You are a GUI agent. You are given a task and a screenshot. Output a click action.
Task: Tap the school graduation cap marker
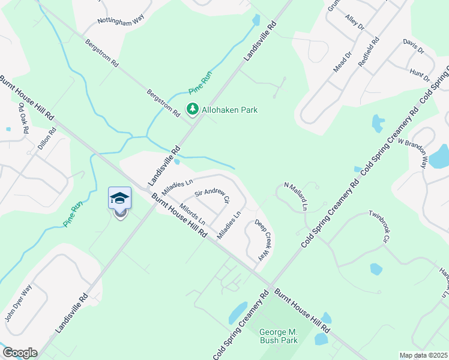pyautogui.click(x=119, y=198)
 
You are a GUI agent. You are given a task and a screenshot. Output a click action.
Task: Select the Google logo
pyautogui.click(x=19, y=353)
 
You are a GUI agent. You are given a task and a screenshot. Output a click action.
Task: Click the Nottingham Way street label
pyautogui.click(x=122, y=23)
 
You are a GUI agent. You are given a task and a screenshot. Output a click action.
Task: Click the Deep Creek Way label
pyautogui.click(x=263, y=239)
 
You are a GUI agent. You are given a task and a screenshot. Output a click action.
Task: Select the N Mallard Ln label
pyautogui.click(x=295, y=196)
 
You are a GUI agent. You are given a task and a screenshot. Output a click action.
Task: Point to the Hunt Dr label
pyautogui.click(x=420, y=74)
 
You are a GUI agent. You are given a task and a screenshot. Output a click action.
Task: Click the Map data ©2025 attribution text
pyautogui.click(x=423, y=355)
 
